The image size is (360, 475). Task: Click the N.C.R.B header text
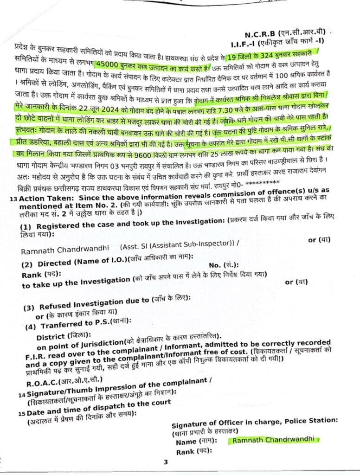point(261,34)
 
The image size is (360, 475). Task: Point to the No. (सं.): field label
point(224,264)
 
